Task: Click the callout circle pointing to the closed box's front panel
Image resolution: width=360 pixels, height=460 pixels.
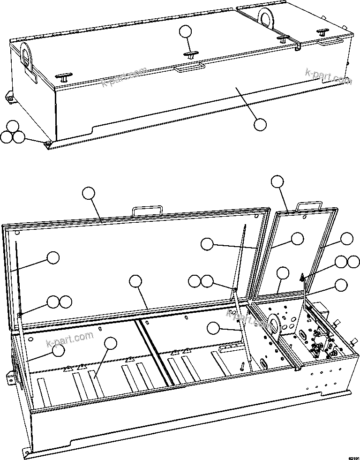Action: [260, 125]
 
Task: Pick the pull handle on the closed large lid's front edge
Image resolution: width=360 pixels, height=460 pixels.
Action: [189, 68]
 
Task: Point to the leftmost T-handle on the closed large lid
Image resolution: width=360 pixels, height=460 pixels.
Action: [63, 77]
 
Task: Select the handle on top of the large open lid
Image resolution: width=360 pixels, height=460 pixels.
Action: [148, 211]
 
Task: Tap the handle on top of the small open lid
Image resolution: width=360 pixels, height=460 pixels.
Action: [309, 205]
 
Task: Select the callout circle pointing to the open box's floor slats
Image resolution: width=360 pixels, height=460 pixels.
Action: [111, 343]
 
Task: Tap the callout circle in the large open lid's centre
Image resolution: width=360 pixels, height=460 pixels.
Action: [135, 281]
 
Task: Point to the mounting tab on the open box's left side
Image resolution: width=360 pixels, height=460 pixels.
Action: [9, 377]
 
